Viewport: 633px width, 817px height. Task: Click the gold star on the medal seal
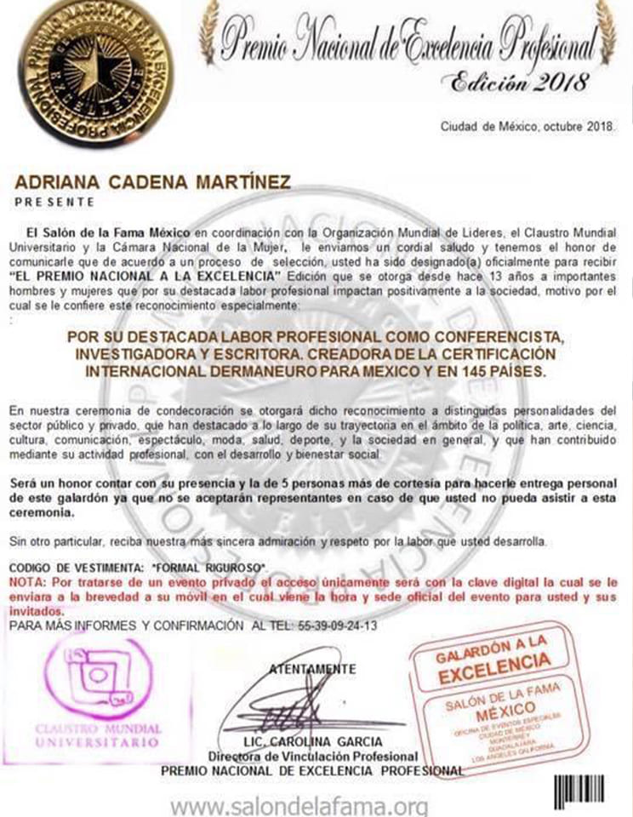click(96, 69)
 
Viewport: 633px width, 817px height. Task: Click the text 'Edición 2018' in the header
click(519, 83)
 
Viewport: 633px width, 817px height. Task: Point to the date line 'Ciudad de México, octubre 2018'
click(533, 127)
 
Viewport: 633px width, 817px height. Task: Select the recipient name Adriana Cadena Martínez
click(153, 182)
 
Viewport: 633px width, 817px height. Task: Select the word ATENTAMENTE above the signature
click(312, 669)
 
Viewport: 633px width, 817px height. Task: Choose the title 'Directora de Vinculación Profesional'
click(313, 757)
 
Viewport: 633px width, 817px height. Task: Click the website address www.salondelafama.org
click(298, 803)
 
